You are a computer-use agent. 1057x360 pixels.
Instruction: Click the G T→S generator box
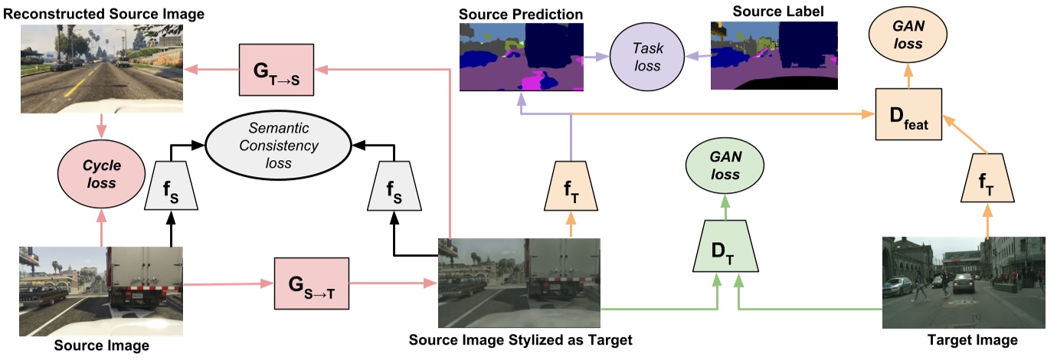(x=277, y=69)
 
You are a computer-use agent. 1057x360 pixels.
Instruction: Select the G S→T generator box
(x=310, y=283)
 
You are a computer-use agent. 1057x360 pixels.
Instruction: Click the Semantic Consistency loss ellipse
(x=277, y=144)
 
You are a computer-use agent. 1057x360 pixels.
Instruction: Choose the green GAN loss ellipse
(x=724, y=165)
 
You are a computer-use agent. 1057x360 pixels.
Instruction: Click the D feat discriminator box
(x=910, y=114)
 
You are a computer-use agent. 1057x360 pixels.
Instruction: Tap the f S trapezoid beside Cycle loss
(x=172, y=186)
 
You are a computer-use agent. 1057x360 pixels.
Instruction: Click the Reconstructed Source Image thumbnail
(x=101, y=64)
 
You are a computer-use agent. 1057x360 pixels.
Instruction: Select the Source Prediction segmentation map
(x=521, y=57)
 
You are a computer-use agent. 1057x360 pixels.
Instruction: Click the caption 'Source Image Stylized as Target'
(x=521, y=340)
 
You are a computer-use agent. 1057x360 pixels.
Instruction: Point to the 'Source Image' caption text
(x=101, y=346)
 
